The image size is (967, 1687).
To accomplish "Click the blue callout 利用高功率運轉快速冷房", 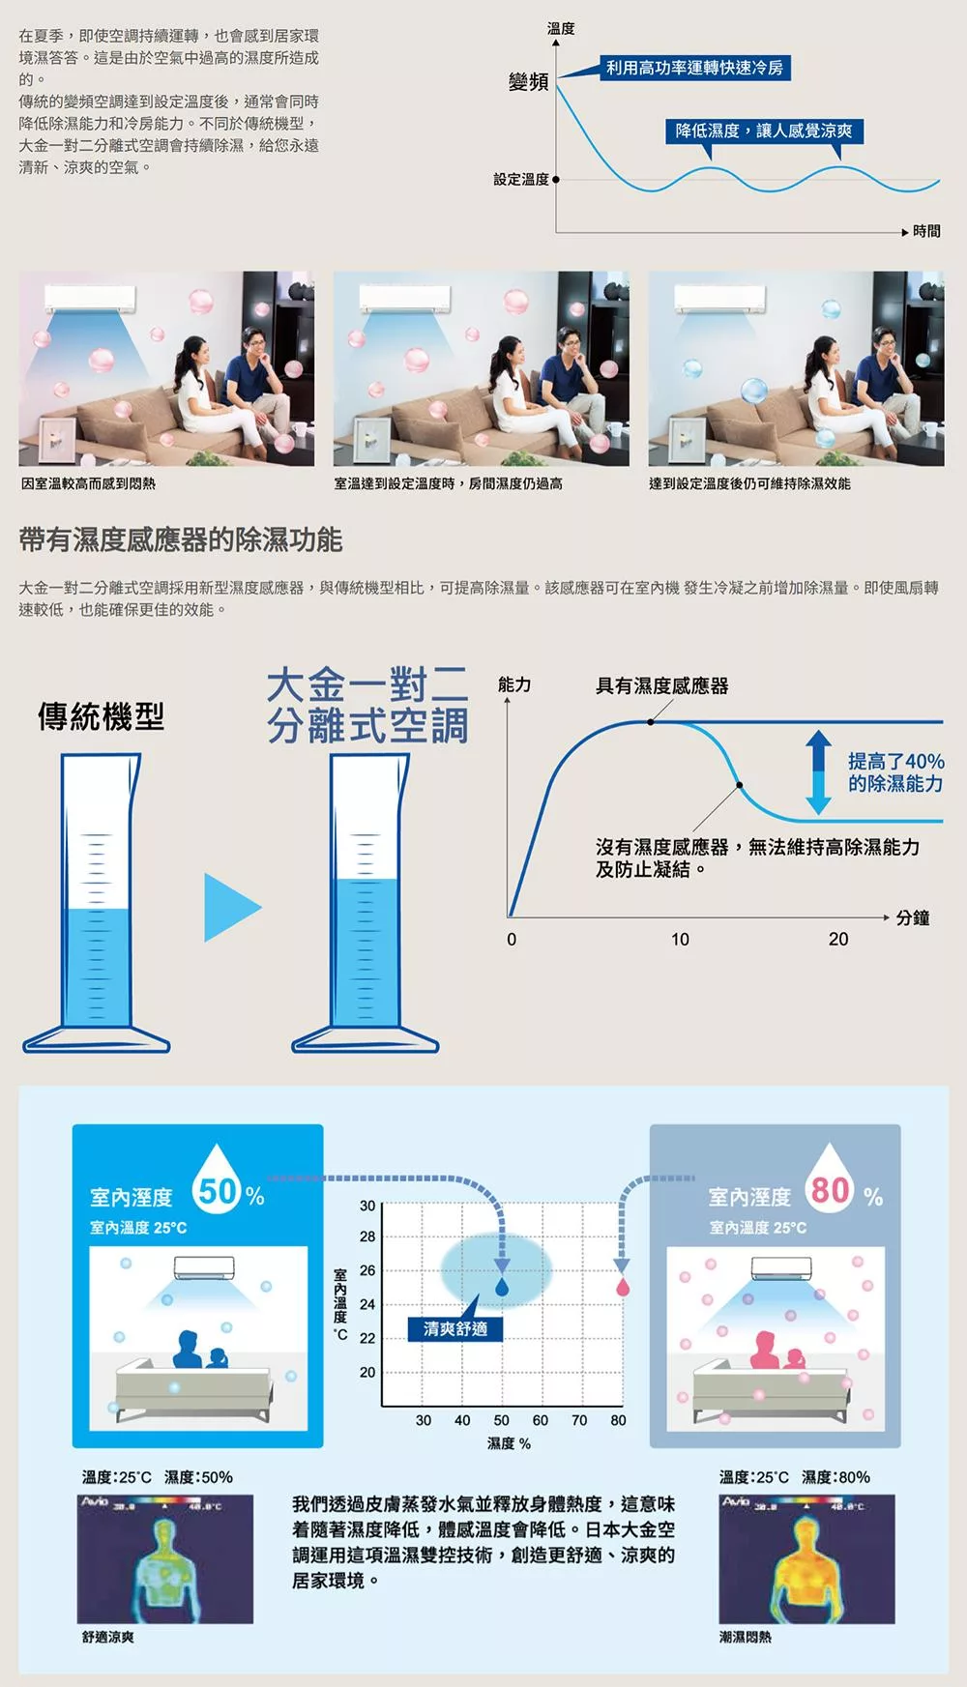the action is pyautogui.click(x=693, y=67).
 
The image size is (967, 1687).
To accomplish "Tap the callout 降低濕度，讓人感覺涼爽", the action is pyautogui.click(x=764, y=131).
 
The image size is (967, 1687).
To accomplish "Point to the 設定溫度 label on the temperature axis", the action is pyautogui.click(x=521, y=179).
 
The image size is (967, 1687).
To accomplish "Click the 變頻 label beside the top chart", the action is pyautogui.click(x=528, y=82).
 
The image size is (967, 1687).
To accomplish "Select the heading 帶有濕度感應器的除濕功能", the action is pyautogui.click(x=181, y=539).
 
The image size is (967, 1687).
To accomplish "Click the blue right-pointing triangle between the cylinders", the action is pyautogui.click(x=232, y=907).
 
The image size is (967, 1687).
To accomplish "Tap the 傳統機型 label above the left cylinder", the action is pyautogui.click(x=101, y=716).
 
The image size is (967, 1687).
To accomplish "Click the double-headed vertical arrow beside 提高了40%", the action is pyautogui.click(x=819, y=771).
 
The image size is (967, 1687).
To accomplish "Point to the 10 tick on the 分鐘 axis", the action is pyautogui.click(x=680, y=939).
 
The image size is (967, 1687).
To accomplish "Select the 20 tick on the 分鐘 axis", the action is pyautogui.click(x=838, y=939).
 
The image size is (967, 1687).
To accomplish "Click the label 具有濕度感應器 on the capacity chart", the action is pyautogui.click(x=662, y=685).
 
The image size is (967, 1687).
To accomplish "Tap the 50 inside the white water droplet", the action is pyautogui.click(x=218, y=1191).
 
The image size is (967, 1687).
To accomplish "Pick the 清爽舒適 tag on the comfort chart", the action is pyautogui.click(x=455, y=1328).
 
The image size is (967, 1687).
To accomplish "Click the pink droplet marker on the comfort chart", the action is pyautogui.click(x=622, y=1287).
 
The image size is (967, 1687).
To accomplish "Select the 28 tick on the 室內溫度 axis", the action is pyautogui.click(x=367, y=1236).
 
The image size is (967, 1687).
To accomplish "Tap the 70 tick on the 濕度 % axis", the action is pyautogui.click(x=579, y=1420).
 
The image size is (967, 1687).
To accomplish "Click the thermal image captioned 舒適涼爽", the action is pyautogui.click(x=165, y=1559).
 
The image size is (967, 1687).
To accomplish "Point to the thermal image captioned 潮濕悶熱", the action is pyautogui.click(x=806, y=1559).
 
